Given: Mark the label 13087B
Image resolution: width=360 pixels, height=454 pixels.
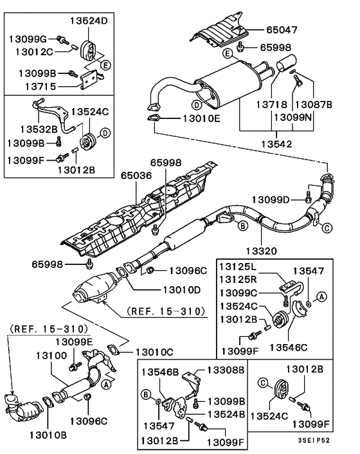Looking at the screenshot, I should [313, 104].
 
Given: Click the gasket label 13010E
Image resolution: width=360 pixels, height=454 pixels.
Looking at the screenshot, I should [202, 118].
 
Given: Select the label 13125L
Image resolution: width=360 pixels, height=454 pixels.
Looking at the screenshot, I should [238, 266].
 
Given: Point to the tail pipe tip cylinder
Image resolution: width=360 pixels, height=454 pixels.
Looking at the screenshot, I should [285, 65].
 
